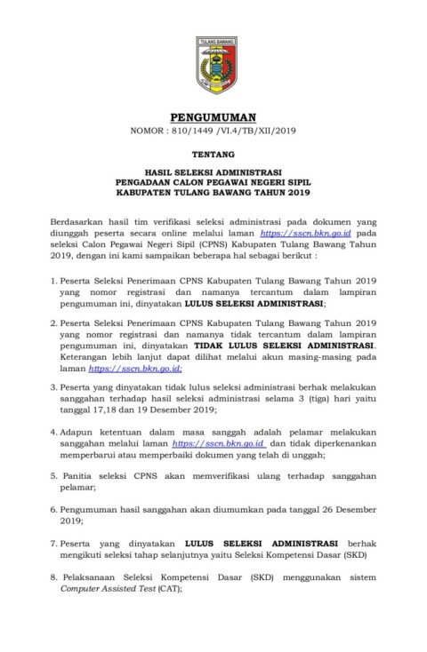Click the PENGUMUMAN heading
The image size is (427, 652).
pyautogui.click(x=215, y=116)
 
